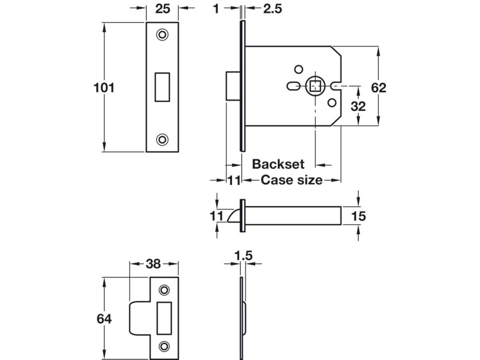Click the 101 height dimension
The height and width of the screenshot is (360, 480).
click(104, 88)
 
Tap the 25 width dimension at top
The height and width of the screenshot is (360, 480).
click(162, 9)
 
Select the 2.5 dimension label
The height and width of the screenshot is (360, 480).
click(273, 9)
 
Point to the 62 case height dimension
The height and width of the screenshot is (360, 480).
click(378, 88)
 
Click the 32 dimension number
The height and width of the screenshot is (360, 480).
click(358, 106)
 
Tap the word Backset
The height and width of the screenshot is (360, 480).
click(278, 164)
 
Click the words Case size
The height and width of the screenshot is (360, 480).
click(291, 180)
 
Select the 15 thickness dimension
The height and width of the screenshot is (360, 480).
click(358, 216)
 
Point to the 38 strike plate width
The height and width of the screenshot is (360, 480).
click(153, 264)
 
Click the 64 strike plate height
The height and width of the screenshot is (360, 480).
click(104, 319)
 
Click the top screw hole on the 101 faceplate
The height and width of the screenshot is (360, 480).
click(162, 35)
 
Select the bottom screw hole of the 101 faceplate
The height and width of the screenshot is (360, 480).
click(162, 139)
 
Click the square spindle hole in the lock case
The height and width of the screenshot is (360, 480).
click(315, 86)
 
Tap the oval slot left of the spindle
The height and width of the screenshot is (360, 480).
click(293, 86)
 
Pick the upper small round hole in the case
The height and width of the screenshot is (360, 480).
click(299, 69)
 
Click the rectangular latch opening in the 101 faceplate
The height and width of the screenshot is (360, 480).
click(162, 87)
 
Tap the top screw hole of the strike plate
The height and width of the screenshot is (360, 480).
click(164, 290)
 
